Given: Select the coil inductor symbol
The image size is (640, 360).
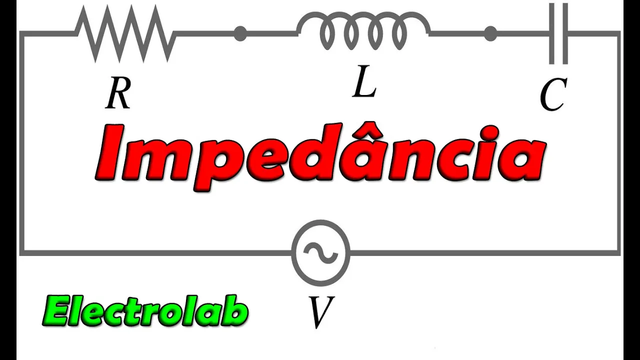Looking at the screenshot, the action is coord(363,31).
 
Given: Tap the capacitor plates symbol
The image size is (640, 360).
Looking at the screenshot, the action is coord(558,33).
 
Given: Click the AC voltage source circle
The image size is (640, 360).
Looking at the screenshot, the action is coord(320,252).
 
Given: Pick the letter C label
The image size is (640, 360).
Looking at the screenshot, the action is coord(553,96).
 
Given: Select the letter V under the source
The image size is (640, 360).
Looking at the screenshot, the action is coord(320,313).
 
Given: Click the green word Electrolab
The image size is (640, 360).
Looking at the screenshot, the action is coord(145,312).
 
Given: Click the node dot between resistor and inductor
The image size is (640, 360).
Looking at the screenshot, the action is coord(240,34).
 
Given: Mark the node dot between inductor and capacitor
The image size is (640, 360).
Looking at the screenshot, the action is coord(491,34).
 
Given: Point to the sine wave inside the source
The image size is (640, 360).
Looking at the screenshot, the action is coord(320,252).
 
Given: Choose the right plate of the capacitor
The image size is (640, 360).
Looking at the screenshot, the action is coord(565,33).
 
